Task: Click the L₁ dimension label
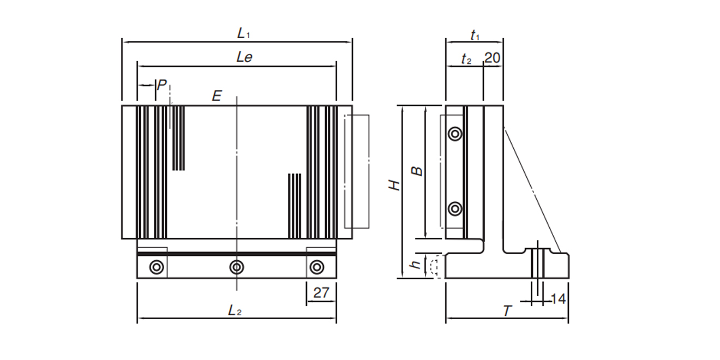point(243,33)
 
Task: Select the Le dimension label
point(244,57)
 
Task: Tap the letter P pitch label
point(162,85)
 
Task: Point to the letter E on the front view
point(217,97)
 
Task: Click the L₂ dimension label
point(235,310)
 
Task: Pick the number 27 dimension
point(321,292)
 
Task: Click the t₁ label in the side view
point(475,35)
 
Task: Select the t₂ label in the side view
point(465,59)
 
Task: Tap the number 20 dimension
point(492,58)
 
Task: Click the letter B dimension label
point(417,171)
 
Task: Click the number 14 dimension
point(559,299)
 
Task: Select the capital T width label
point(507,311)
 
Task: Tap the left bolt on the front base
point(157,267)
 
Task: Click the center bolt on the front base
point(236,267)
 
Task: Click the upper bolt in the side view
point(454,134)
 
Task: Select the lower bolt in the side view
point(454,208)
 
